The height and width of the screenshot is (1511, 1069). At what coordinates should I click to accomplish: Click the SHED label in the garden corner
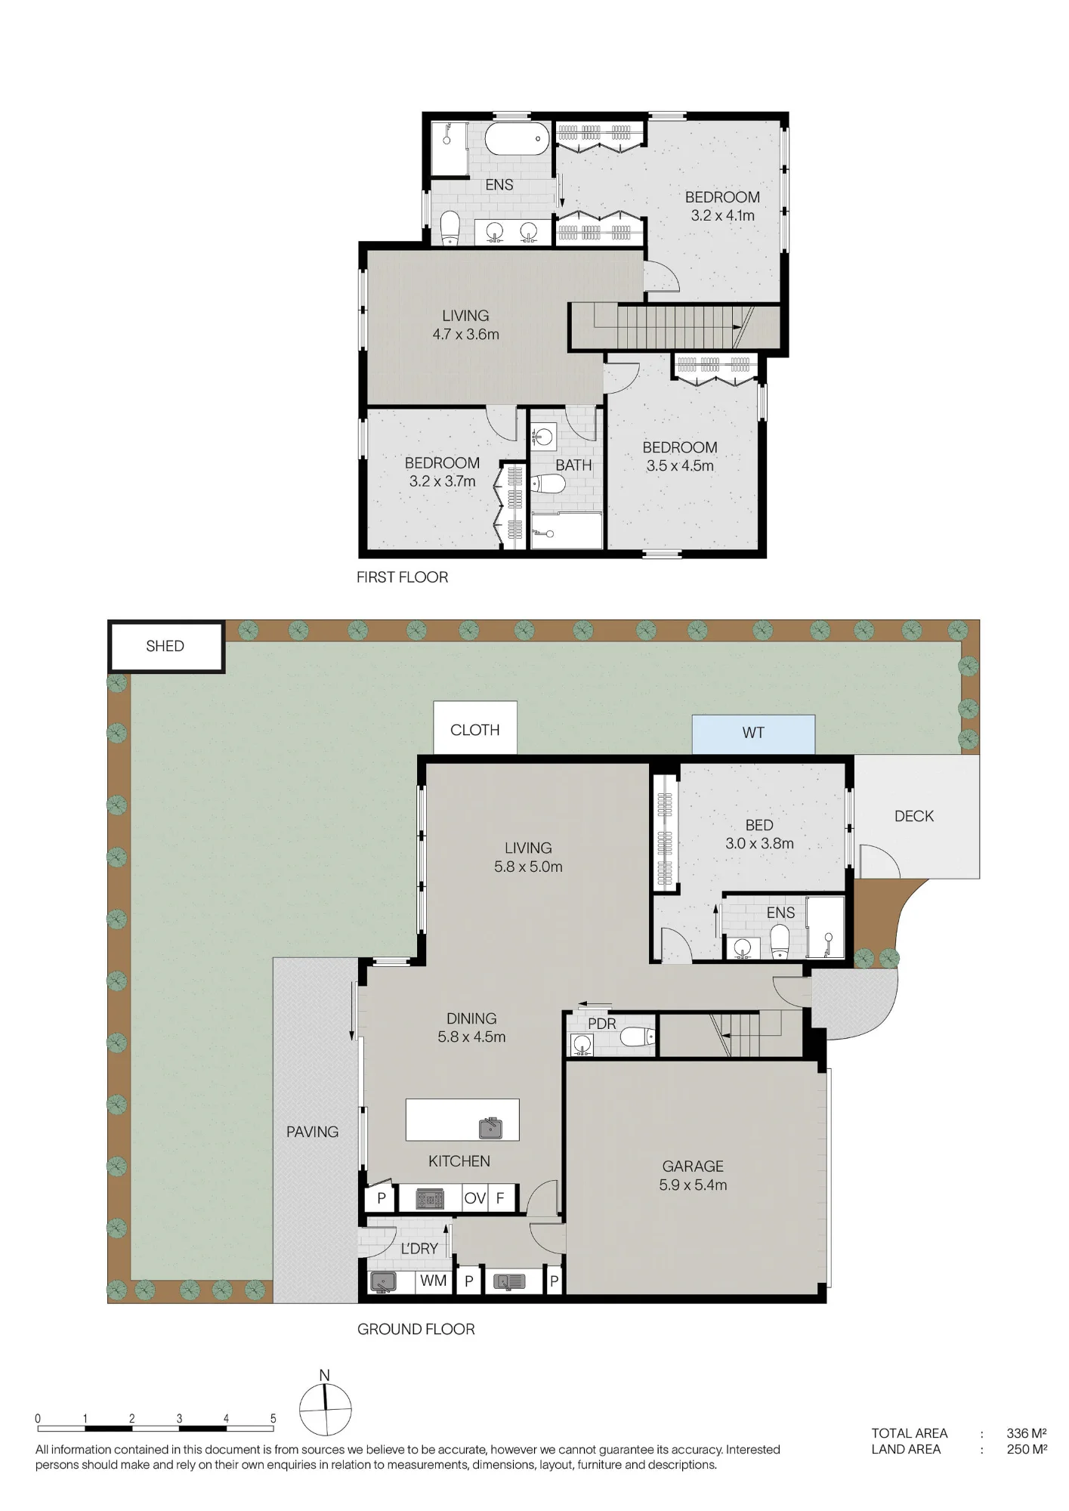pyautogui.click(x=165, y=646)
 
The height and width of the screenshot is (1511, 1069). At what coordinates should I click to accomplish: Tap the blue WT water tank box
pyautogui.click(x=753, y=734)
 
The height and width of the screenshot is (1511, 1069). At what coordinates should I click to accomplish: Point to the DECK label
pyautogui.click(x=914, y=816)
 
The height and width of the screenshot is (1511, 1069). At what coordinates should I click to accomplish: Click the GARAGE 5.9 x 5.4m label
pyautogui.click(x=693, y=1176)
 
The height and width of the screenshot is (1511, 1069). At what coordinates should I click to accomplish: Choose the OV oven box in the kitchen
pyautogui.click(x=474, y=1198)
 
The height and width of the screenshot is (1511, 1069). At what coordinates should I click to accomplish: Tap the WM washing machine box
pyautogui.click(x=434, y=1281)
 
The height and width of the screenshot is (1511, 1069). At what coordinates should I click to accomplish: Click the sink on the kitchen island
pyautogui.click(x=491, y=1128)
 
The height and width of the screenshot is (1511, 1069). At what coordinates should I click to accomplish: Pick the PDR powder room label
pyautogui.click(x=602, y=1024)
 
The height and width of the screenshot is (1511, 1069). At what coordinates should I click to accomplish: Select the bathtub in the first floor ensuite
pyautogui.click(x=517, y=139)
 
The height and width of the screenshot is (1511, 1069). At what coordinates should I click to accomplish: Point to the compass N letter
pyautogui.click(x=325, y=1375)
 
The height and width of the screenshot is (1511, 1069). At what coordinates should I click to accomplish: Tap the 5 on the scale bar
pyautogui.click(x=273, y=1419)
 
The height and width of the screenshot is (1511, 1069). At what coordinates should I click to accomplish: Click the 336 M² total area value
pyautogui.click(x=1026, y=1433)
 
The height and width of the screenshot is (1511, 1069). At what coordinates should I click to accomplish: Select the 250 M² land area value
pyautogui.click(x=1027, y=1449)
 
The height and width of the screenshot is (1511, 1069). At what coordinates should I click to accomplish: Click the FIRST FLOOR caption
pyautogui.click(x=403, y=577)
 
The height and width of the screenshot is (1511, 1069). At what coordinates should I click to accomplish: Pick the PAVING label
pyautogui.click(x=312, y=1132)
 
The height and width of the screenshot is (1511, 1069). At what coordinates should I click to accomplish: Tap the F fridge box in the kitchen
pyautogui.click(x=500, y=1198)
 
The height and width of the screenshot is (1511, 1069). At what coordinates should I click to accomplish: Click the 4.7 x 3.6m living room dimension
pyautogui.click(x=465, y=334)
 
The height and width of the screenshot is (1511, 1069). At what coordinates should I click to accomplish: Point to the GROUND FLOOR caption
pyautogui.click(x=416, y=1329)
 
